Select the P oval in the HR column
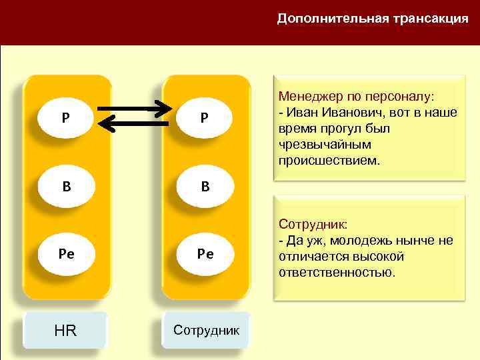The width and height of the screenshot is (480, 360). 65,118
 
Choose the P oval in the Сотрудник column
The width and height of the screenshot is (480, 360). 205,118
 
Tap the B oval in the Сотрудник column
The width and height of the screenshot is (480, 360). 205,186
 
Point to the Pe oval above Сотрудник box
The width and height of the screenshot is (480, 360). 205,254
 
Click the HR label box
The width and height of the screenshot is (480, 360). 65,329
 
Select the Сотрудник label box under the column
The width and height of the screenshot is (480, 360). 206,329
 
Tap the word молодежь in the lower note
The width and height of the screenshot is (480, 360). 358,241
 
